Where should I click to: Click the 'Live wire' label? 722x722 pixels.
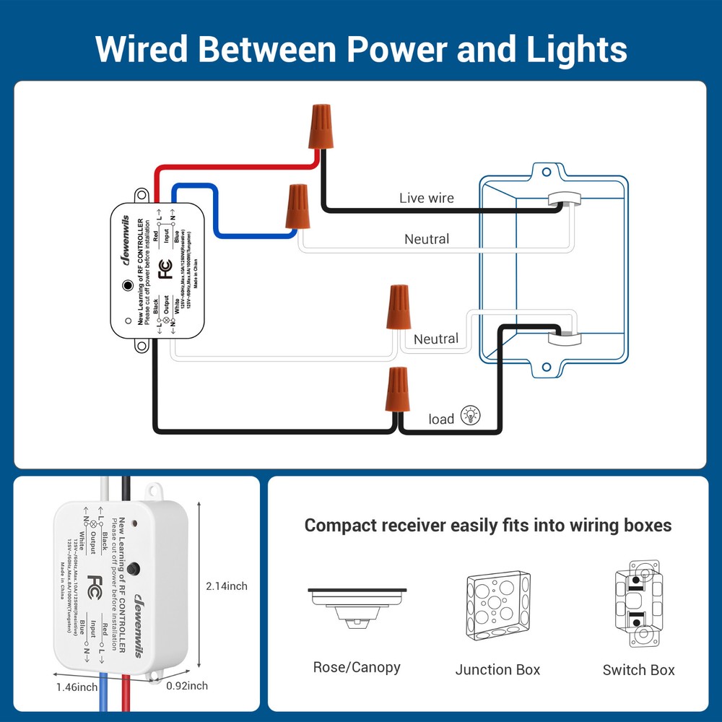[427, 198]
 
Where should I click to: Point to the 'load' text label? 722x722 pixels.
[441, 419]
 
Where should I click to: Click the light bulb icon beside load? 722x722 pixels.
[470, 415]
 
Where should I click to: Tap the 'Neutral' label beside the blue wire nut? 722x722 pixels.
[426, 239]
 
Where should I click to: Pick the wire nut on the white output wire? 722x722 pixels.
[398, 308]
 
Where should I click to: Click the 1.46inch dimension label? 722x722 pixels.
[77, 687]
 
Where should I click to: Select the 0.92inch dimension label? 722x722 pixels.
[187, 686]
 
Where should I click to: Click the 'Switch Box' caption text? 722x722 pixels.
[638, 670]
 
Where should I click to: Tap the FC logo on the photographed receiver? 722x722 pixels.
[95, 583]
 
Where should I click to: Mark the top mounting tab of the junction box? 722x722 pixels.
[552, 172]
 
